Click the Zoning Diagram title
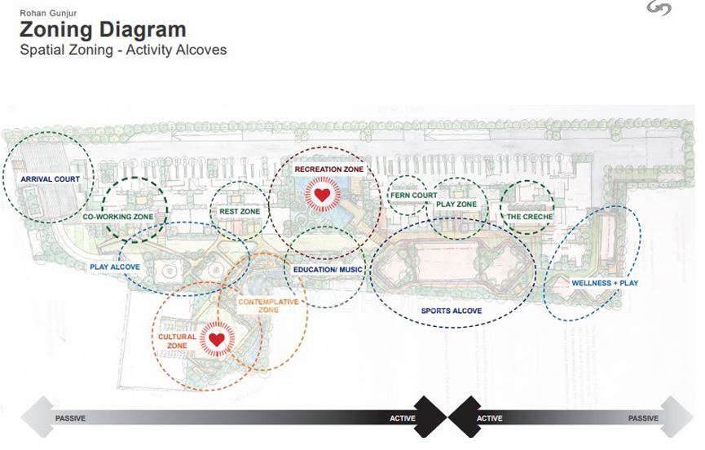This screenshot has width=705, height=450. point(103,30)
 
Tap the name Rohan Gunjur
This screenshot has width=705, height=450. point(43,13)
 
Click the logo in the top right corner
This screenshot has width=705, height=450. point(658,10)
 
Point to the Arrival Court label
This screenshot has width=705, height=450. point(47,178)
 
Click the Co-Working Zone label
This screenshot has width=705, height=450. point(118,218)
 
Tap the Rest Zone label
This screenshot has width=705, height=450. point(240,211)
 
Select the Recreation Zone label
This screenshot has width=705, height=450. point(329,170)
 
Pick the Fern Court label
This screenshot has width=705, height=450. point(413,196)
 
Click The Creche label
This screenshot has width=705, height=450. point(530,217)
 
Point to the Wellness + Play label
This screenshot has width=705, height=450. point(605,283)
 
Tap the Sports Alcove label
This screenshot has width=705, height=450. point(452,311)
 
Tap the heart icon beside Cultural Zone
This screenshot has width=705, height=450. point(216,339)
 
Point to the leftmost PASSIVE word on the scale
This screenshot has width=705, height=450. point(70,419)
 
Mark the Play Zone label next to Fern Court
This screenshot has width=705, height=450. point(456,205)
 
